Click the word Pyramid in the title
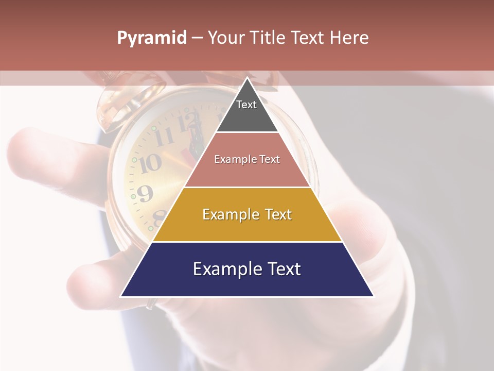pyautogui.click(x=151, y=38)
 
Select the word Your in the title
pyautogui.click(x=226, y=38)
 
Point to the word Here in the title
pyautogui.click(x=348, y=38)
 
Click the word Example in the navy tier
pyautogui.click(x=224, y=269)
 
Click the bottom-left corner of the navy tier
pyautogui.click(x=122, y=296)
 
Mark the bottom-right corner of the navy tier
pyautogui.click(x=373, y=296)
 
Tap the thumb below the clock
pyautogui.click(x=85, y=281)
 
